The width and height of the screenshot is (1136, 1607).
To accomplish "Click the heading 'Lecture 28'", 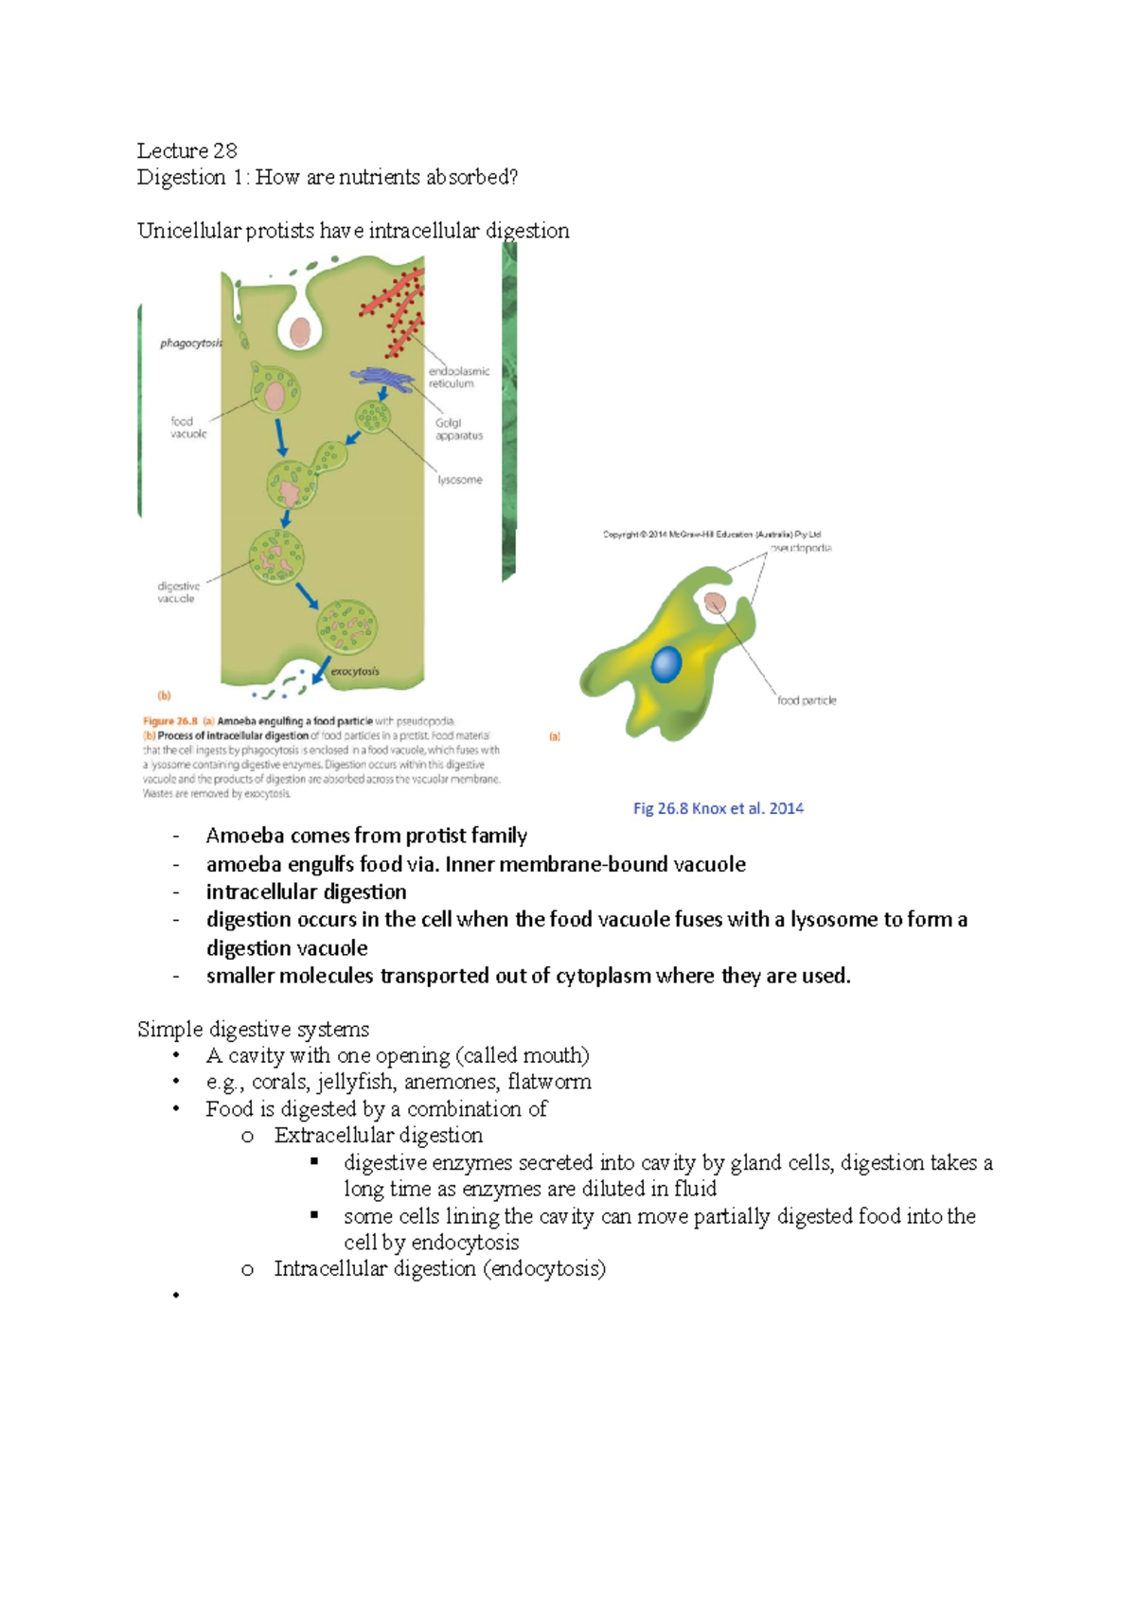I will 186,150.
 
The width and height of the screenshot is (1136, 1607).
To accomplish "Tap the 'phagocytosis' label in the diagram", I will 191,344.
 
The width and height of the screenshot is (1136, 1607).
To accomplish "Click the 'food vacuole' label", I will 188,428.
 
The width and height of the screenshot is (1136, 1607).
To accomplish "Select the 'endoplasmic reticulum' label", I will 458,378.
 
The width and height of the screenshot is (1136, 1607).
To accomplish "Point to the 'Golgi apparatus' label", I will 458,430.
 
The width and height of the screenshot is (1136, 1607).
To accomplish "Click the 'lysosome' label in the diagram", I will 459,480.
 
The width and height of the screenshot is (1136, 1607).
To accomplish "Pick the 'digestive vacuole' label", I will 178,592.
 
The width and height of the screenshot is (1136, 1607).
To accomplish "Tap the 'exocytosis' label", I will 354,671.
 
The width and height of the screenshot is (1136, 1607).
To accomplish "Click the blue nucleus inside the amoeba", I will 666,664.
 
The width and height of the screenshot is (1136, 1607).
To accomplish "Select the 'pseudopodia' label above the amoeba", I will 800,548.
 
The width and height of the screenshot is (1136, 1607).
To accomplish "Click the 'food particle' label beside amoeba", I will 807,700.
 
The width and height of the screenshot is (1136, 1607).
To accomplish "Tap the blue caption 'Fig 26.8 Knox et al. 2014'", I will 718,808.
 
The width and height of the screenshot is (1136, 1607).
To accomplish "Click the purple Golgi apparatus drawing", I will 382,379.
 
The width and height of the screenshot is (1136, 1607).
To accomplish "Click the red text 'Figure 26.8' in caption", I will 169,721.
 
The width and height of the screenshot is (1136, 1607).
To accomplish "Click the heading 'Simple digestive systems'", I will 253,1029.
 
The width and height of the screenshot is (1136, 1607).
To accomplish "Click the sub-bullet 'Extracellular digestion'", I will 378,1135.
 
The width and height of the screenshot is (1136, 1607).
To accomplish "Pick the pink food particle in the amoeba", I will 715,603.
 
